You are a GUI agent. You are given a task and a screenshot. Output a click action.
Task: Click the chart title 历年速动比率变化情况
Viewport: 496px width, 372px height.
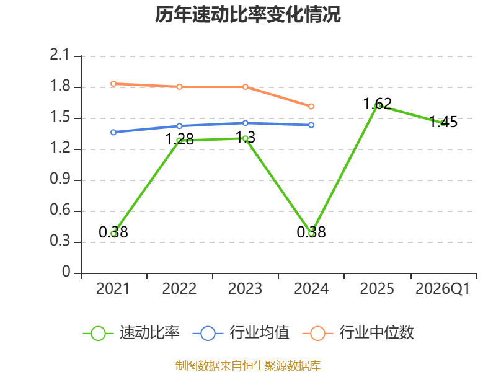247,14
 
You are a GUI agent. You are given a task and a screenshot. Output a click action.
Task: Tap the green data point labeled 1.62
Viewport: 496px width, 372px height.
377,105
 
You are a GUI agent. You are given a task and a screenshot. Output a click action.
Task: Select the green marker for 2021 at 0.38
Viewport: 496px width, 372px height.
113,234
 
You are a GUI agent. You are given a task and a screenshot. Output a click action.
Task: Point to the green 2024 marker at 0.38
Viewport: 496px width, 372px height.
311,234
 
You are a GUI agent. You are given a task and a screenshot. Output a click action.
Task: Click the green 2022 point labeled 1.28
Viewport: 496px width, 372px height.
179,141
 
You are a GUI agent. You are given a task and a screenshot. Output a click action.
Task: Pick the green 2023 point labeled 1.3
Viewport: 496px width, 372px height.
246,138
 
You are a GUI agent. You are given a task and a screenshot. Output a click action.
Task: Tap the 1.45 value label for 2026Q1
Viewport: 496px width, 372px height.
443,122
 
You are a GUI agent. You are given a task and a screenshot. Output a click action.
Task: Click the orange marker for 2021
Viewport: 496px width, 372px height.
113,84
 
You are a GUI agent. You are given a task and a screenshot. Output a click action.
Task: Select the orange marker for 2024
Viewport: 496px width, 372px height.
311,107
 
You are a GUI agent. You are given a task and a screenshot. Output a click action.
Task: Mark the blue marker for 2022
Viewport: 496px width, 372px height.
179,126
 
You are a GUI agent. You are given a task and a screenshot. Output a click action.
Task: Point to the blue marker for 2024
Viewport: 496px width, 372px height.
311,125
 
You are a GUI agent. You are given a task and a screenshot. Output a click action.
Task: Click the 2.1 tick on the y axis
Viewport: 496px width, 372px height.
60,55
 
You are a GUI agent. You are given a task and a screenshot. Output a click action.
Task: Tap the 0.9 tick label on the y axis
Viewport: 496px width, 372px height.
60,179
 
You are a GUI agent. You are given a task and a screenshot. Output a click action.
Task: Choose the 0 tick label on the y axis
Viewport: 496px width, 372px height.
66,272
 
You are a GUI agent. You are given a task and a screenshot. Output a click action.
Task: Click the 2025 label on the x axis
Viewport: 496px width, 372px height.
377,289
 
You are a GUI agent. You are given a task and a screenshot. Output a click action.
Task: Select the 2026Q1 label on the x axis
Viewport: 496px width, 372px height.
443,289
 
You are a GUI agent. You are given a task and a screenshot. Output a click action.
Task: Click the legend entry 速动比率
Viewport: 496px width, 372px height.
131,333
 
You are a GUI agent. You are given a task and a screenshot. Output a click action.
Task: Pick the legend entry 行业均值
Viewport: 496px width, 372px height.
241,333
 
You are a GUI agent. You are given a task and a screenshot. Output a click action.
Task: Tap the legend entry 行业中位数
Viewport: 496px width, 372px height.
358,333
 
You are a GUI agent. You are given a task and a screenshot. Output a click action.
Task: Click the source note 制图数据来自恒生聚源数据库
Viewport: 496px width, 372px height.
247,366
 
